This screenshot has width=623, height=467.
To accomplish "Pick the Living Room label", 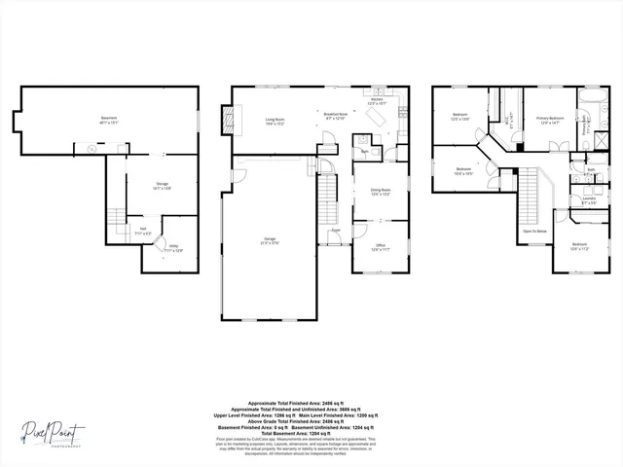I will tap(275, 121).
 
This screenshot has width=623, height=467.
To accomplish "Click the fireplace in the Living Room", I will tap(230, 119).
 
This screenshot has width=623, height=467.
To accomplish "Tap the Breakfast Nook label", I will tap(337, 115).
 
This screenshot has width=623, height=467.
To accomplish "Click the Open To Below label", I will tap(533, 232).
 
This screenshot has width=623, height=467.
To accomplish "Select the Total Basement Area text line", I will tap(311, 431).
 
